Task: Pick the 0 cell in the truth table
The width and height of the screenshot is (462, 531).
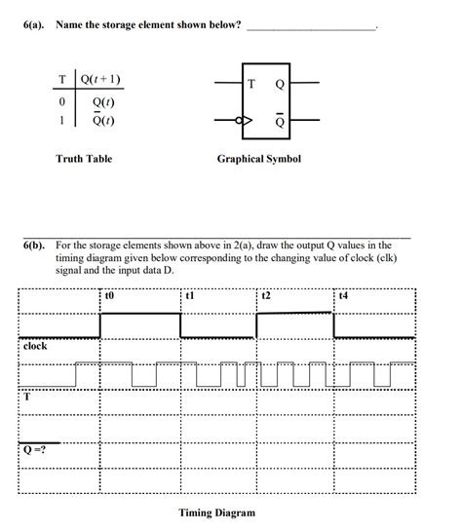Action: point(62,101)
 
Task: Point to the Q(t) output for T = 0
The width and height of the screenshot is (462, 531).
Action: point(101,101)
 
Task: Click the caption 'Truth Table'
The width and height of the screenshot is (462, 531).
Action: point(84,158)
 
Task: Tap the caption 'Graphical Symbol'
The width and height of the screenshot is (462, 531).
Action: point(259,158)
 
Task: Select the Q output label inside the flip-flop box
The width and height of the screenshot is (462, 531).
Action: point(280,84)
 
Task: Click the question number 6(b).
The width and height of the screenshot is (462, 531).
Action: point(37,247)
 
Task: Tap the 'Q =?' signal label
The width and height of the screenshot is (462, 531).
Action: point(35,449)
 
